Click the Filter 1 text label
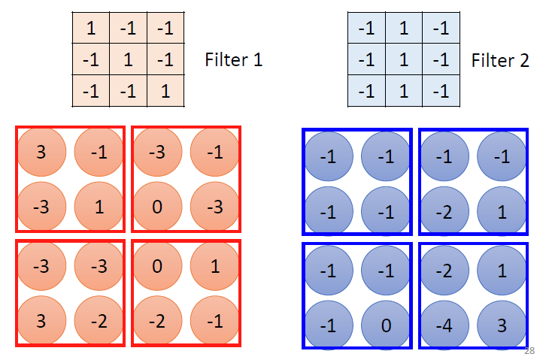[233, 60]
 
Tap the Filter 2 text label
[500, 60]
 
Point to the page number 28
[530, 350]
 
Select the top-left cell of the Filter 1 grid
[91, 29]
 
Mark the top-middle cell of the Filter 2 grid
[403, 29]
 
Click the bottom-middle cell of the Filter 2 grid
[403, 92]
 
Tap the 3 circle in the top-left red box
[41, 152]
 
